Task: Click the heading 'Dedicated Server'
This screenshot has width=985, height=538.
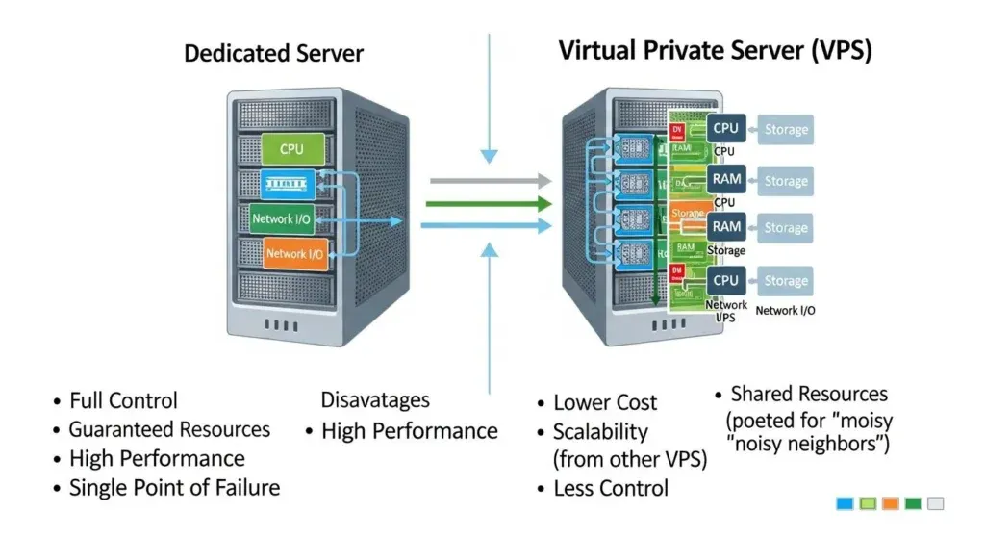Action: tap(273, 53)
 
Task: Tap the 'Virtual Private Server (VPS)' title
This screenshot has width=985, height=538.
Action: tap(715, 51)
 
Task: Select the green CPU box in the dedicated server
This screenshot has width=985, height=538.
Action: tap(290, 149)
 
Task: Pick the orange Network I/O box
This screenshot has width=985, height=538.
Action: tap(294, 254)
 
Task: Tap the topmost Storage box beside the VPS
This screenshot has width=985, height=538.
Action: tap(786, 130)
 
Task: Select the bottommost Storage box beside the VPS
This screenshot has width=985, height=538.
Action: tap(786, 281)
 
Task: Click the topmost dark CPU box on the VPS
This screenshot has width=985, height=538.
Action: tap(726, 128)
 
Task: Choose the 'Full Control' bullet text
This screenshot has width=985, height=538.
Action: tap(123, 400)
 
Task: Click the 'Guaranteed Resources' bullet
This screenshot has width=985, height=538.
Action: tap(168, 429)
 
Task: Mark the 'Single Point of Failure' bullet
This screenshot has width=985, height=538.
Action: tap(174, 488)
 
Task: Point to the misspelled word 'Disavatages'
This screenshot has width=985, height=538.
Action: tap(375, 399)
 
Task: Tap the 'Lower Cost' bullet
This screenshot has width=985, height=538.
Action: tap(605, 403)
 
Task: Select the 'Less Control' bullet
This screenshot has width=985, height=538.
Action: tap(611, 489)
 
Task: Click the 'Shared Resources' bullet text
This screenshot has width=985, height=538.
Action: tap(808, 394)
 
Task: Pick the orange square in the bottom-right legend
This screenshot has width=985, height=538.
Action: tap(890, 503)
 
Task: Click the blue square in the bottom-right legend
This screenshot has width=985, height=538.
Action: tap(846, 503)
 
